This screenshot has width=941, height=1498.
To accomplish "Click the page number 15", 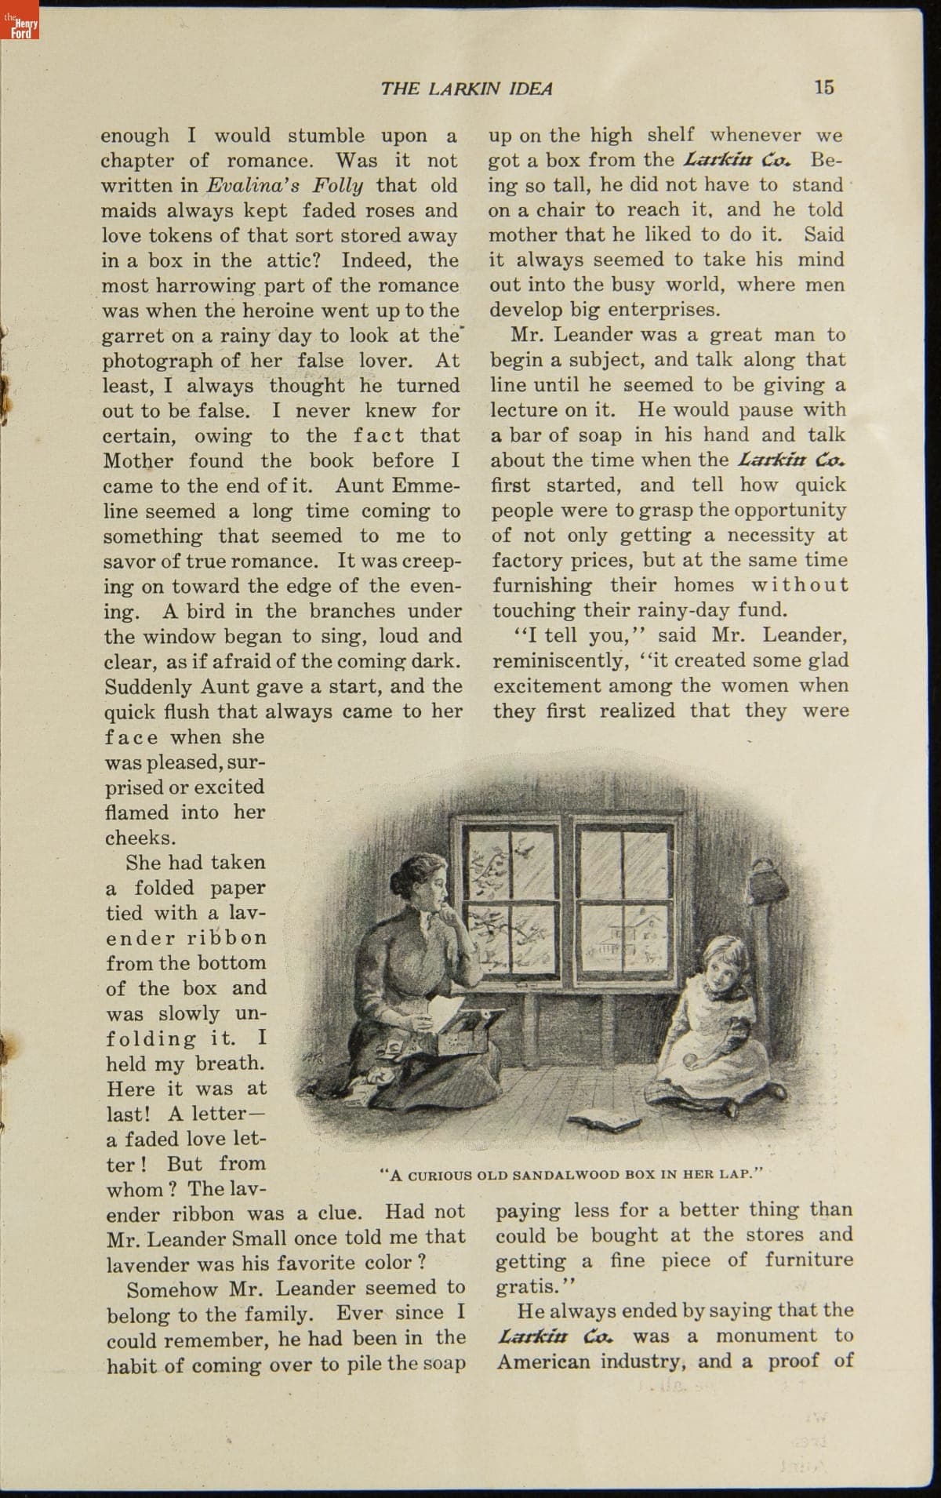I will [823, 87].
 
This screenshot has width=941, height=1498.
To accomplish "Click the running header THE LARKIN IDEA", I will [467, 89].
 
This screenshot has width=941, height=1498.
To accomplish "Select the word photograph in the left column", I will [157, 361].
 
